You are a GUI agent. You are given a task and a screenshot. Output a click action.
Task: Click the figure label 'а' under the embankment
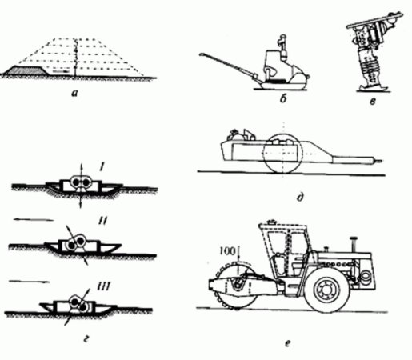click(x=74, y=93)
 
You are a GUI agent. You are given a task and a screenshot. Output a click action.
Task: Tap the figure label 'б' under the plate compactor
click(x=283, y=98)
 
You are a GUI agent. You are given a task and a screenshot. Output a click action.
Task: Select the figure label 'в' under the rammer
click(x=373, y=101)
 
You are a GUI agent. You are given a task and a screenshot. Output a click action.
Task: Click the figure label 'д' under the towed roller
click(x=300, y=198)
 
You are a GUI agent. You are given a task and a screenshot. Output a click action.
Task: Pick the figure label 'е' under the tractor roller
click(x=287, y=343)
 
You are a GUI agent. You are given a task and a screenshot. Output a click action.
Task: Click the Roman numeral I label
click(x=102, y=167)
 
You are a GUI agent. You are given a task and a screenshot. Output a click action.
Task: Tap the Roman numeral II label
click(x=102, y=221)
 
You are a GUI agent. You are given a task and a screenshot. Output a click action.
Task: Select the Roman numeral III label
click(x=102, y=287)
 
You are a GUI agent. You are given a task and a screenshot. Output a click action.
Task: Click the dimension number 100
click(x=227, y=251)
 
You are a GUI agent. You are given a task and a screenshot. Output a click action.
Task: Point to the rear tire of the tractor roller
click(x=327, y=290)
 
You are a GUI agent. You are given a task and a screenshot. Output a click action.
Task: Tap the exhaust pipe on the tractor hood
click(x=354, y=244)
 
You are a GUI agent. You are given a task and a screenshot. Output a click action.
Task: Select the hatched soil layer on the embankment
click(x=26, y=70)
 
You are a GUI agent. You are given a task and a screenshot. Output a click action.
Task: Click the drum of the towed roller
click(x=283, y=153)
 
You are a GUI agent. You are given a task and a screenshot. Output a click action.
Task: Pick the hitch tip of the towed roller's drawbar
click(x=381, y=161)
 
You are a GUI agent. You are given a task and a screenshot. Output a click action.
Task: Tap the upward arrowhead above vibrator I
click(x=82, y=164)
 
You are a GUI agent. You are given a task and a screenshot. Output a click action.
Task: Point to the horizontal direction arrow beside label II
click(x=34, y=220)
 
